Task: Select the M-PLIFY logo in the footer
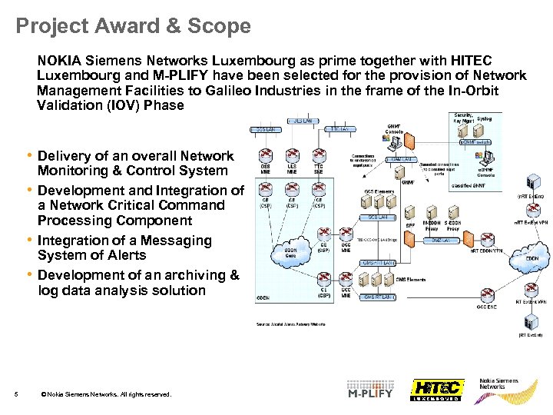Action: pos(369,389)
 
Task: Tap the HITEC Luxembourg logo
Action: pos(435,390)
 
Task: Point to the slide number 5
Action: pos(16,395)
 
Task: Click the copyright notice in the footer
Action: pos(106,395)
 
